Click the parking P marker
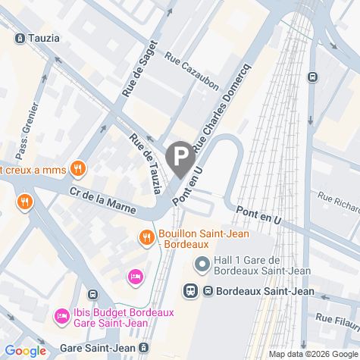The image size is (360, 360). tap(180, 158)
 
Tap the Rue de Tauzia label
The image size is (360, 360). tap(148, 162)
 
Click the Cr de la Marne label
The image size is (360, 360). tap(102, 199)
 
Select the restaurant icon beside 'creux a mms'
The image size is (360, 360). tap(77, 168)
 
